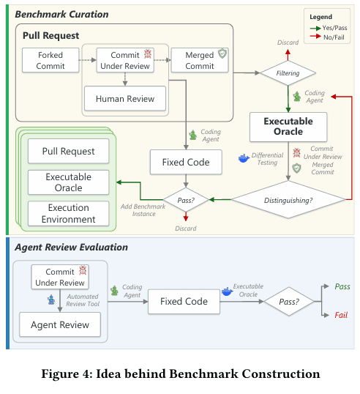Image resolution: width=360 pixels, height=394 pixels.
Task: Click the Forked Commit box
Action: pyautogui.click(x=50, y=60)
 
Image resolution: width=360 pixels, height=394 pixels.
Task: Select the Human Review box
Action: pyautogui.click(x=125, y=98)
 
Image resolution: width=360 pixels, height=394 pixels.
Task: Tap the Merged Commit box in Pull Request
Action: pyautogui.click(x=200, y=60)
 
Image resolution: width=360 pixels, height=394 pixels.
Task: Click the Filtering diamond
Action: pyautogui.click(x=288, y=73)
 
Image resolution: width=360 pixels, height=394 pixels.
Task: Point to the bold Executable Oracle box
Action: pyautogui.click(x=288, y=127)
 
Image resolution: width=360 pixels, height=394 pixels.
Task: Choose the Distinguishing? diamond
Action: pyautogui.click(x=288, y=200)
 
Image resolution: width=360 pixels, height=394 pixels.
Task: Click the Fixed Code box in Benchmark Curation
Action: pyautogui.click(x=186, y=162)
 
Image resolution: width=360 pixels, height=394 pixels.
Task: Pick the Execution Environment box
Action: pyautogui.click(x=69, y=213)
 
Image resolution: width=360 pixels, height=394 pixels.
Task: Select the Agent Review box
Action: pyautogui.click(x=60, y=324)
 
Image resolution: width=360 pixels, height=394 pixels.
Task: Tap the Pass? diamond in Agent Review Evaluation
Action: pyautogui.click(x=289, y=301)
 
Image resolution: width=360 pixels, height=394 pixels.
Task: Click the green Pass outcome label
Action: pyautogui.click(x=342, y=286)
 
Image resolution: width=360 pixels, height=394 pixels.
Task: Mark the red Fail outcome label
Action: pyautogui.click(x=341, y=315)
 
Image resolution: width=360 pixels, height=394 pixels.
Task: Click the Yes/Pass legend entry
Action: pyautogui.click(x=329, y=28)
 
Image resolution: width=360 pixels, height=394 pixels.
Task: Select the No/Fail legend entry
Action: pyautogui.click(x=327, y=37)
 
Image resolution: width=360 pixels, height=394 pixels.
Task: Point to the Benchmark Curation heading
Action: pyautogui.click(x=61, y=15)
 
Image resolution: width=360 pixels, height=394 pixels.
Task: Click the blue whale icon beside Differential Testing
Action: pyautogui.click(x=243, y=158)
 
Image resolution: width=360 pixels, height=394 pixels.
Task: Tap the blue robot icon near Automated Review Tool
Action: pyautogui.click(x=51, y=300)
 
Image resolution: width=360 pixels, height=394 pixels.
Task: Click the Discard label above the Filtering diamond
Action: pyautogui.click(x=288, y=42)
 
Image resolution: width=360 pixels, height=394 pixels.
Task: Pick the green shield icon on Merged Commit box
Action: pyautogui.click(x=222, y=53)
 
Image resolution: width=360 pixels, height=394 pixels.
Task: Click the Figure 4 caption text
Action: pyautogui.click(x=181, y=373)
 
